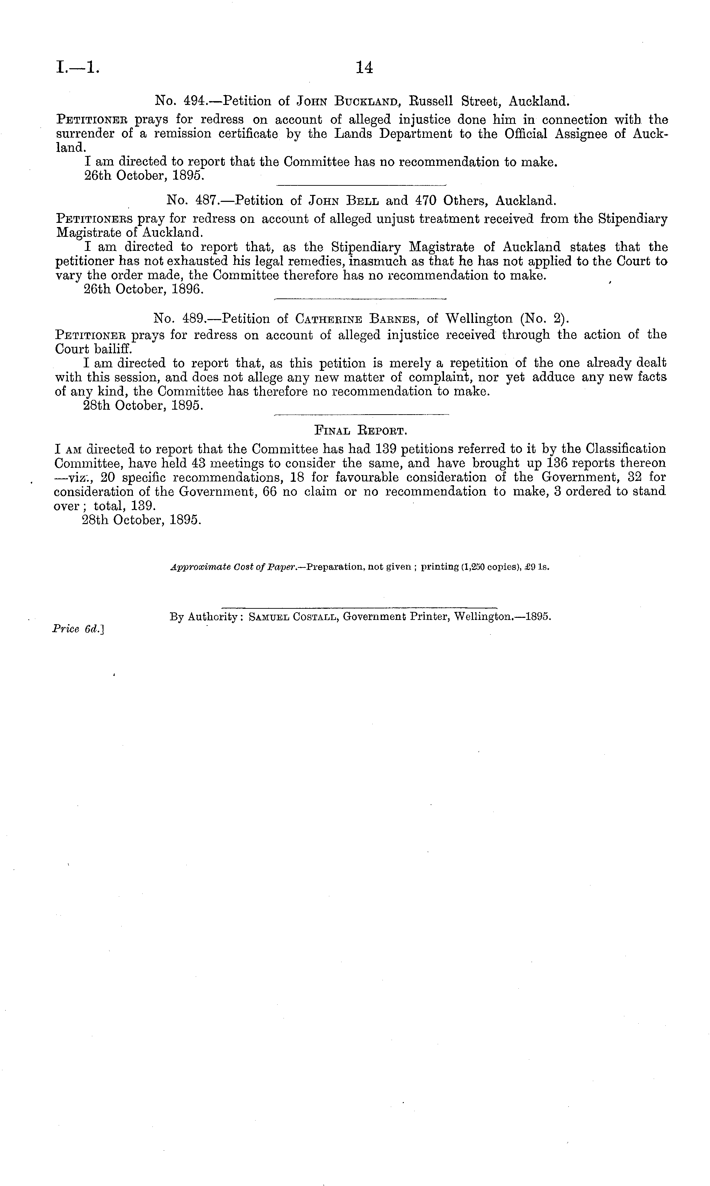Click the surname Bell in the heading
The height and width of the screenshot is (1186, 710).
pos(366,200)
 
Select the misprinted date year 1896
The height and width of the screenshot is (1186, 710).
pos(189,290)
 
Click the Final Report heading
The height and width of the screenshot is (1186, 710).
pos(360,430)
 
